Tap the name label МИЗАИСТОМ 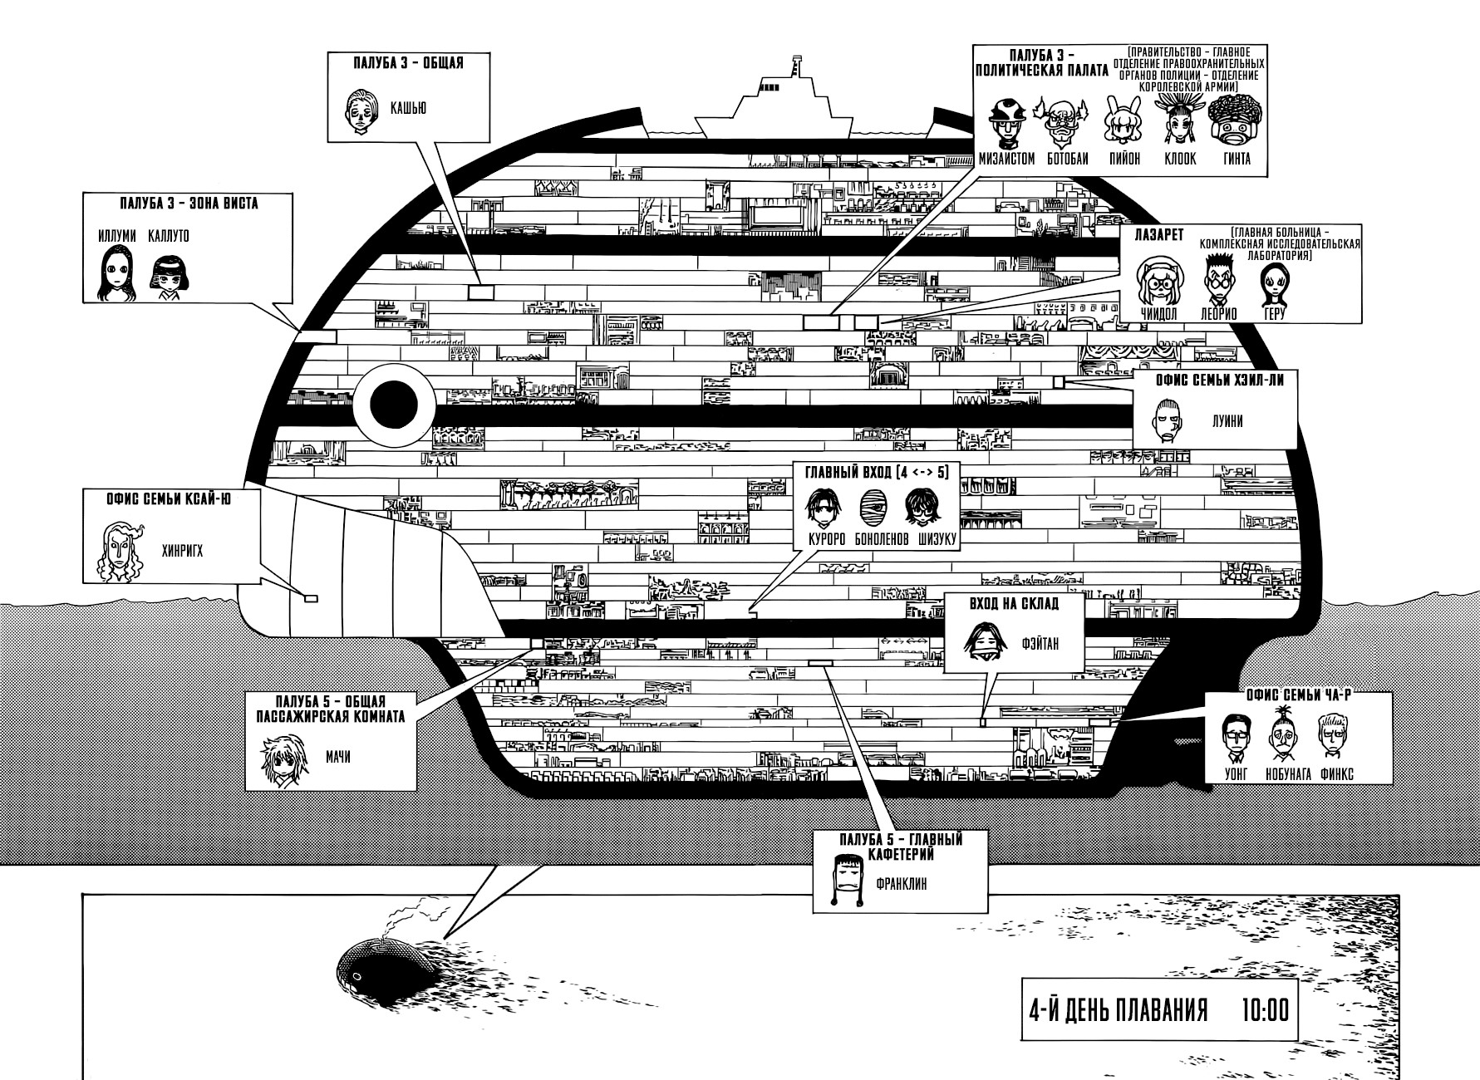[x=1006, y=159]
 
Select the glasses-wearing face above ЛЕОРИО [x=1218, y=279]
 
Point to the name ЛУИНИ [x=1227, y=421]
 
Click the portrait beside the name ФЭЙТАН [x=987, y=642]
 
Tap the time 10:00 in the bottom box [x=1265, y=1010]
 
